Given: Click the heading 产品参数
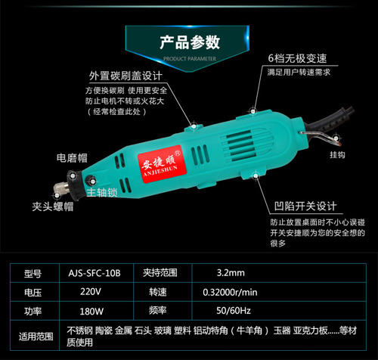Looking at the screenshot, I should click(x=189, y=42).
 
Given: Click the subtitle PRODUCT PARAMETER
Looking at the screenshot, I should click(x=189, y=57).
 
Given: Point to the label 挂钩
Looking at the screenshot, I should click(x=316, y=155).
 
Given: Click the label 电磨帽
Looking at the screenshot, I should click(x=73, y=158).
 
